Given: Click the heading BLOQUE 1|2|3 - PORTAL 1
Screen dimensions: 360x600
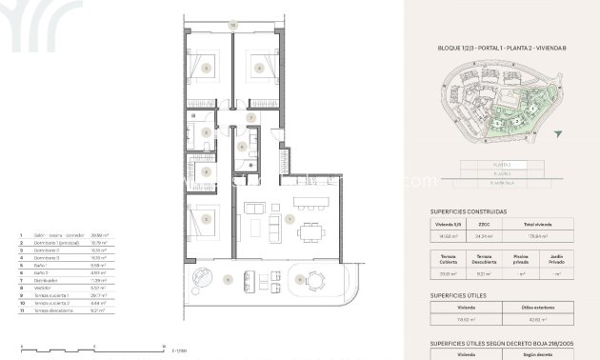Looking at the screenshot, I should pos(487,46).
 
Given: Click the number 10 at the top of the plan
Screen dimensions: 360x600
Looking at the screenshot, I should pos(231,26).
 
